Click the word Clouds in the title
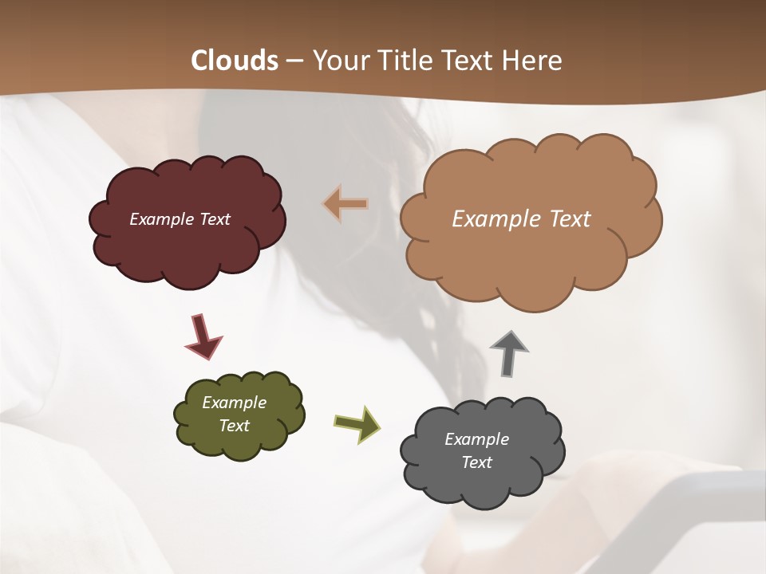pos(234,61)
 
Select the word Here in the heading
pos(534,61)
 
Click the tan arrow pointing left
pos(345,204)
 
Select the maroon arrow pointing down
pos(203,336)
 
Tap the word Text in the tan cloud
pos(563,219)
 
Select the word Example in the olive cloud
pos(234,403)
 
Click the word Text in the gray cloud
pos(476,462)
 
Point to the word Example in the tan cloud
pos(491,219)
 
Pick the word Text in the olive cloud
pos(234,426)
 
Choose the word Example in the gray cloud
pos(476,439)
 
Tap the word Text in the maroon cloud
pos(214,219)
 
